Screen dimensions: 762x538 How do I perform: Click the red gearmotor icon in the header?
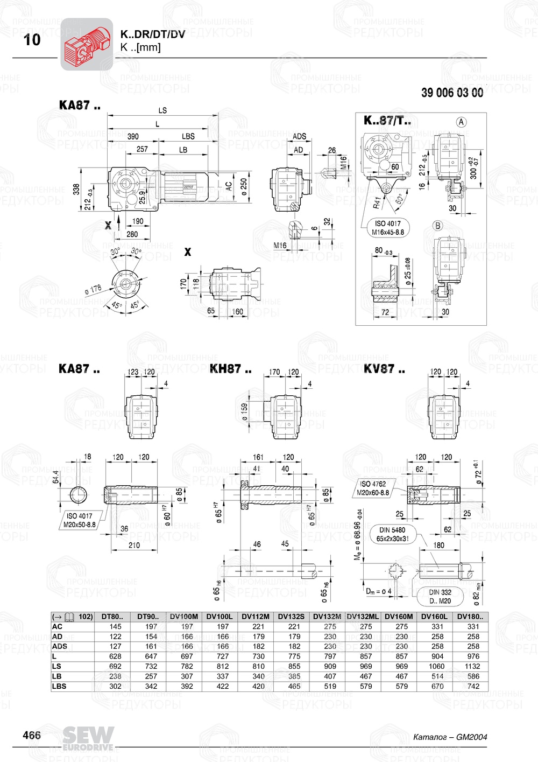coord(87,44)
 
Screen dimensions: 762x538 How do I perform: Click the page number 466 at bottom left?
coord(32,736)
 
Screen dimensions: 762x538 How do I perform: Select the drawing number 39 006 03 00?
coord(452,93)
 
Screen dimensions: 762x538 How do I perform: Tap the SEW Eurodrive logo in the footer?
coord(88,738)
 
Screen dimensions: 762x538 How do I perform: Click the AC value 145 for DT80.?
coord(115,627)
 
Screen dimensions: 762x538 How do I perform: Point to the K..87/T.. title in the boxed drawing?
coord(387,121)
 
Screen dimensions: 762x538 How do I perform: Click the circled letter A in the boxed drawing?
coord(461,122)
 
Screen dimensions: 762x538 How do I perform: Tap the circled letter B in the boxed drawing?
coord(437,225)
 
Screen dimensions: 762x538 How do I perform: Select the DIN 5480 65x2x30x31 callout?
coord(392,534)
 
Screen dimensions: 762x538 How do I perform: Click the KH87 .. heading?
coord(230,369)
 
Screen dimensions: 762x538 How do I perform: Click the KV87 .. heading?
coord(384,369)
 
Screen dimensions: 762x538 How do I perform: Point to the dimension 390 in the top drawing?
coord(132,137)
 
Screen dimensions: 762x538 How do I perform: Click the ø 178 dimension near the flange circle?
coord(93,289)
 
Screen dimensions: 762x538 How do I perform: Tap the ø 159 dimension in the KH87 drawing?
coord(245,412)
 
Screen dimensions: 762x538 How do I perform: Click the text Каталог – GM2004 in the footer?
coord(450,737)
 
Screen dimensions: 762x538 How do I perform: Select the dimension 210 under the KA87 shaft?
coord(134,545)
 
